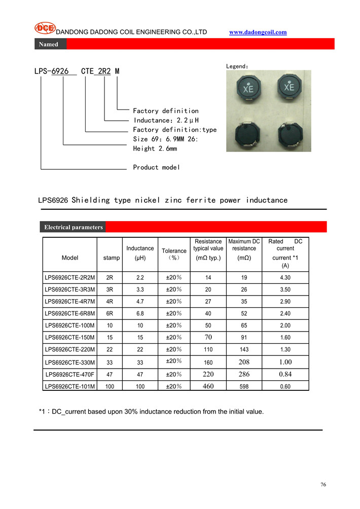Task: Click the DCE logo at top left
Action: click(x=45, y=29)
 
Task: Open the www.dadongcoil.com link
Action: click(x=258, y=32)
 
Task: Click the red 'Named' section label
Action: click(x=49, y=44)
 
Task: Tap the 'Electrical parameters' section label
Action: click(x=73, y=227)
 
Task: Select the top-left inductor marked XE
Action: click(x=247, y=88)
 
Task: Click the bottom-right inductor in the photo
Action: click(x=289, y=133)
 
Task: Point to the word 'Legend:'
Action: click(x=237, y=66)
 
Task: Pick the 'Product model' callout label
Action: click(x=156, y=167)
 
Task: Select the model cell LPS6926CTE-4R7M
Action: click(x=70, y=302)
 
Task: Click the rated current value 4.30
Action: click(x=285, y=278)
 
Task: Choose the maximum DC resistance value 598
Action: click(x=244, y=386)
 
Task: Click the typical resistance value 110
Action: click(x=208, y=350)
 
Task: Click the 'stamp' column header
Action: click(x=112, y=258)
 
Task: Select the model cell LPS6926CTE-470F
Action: click(x=70, y=374)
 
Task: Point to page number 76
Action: click(x=323, y=485)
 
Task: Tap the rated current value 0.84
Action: click(x=285, y=374)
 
